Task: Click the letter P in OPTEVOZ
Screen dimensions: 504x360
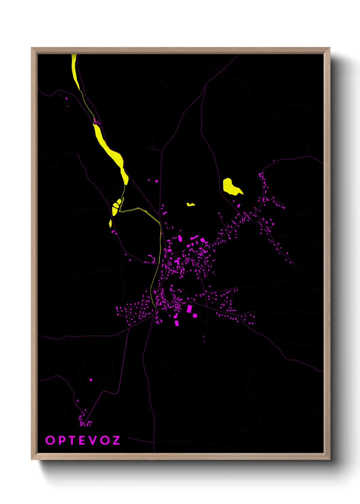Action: (61, 440)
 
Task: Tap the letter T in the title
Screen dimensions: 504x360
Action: (72, 440)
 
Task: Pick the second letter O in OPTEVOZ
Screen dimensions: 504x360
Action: (105, 440)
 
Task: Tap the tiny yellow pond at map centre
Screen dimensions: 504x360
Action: (191, 205)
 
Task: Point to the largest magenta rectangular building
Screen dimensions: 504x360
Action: (189, 309)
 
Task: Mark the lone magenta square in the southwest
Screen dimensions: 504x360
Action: (91, 379)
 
